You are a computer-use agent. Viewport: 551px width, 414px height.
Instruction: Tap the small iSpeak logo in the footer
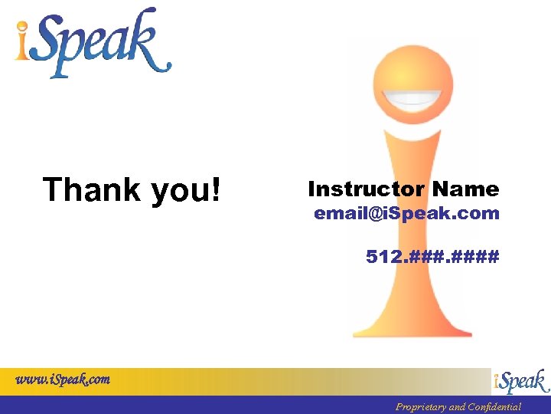coord(521,382)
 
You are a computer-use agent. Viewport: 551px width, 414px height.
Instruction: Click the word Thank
coord(92,189)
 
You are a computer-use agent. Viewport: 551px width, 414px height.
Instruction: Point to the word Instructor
coord(366,189)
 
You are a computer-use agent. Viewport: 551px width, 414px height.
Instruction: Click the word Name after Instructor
coord(465,189)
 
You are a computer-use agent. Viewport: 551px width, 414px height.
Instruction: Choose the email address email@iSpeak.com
coord(406,214)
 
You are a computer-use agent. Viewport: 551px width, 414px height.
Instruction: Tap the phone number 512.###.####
coord(432,256)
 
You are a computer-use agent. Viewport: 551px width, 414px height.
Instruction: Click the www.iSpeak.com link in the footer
coord(64,379)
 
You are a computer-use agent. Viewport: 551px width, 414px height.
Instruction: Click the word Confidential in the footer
coord(494,407)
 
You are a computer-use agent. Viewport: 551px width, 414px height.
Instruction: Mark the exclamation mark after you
coord(215,189)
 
